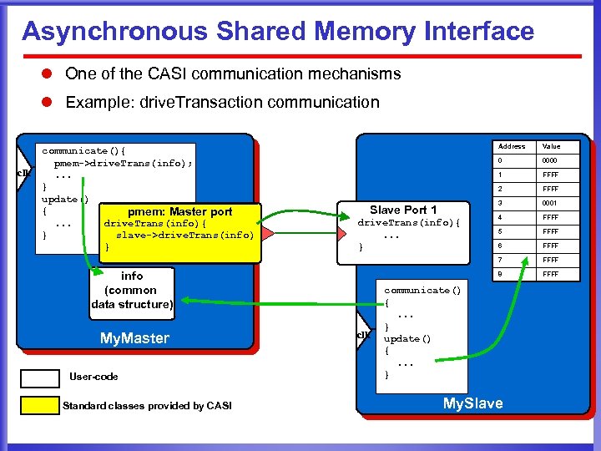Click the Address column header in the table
(511, 146)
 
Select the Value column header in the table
(552, 146)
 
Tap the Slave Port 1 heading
(403, 210)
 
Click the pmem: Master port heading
(179, 212)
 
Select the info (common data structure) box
(132, 290)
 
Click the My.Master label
(134, 338)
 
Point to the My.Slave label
(472, 403)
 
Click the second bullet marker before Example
(48, 103)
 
